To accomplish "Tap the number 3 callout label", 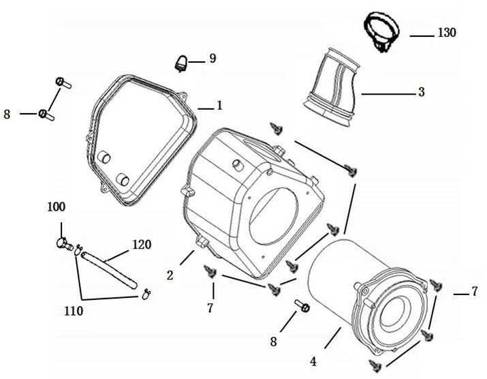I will click(422, 92).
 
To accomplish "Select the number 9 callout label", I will click(213, 59).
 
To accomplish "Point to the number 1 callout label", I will click(219, 106).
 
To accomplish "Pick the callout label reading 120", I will click(142, 245).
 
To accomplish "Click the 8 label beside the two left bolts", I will click(7, 115).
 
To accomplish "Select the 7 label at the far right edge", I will click(475, 292).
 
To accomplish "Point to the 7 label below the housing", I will click(210, 308).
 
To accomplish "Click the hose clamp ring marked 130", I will click(381, 30).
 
